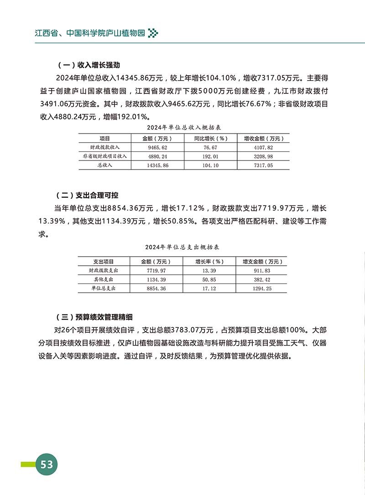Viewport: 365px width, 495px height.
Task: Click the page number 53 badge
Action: pyautogui.click(x=46, y=465)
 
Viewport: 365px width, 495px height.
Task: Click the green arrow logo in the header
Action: pyautogui.click(x=154, y=33)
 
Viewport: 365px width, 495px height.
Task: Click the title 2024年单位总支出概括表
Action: pyautogui.click(x=182, y=247)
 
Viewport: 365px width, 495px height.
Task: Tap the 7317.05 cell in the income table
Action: pyautogui.click(x=264, y=165)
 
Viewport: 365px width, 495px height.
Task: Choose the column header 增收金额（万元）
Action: pyautogui.click(x=264, y=138)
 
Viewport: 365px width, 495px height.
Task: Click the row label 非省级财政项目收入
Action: pyautogui.click(x=104, y=156)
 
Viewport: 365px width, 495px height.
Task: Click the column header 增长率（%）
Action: pyautogui.click(x=209, y=262)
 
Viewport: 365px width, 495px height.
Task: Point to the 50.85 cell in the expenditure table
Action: pyautogui.click(x=209, y=279)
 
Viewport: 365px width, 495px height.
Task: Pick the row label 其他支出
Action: pyautogui.click(x=104, y=279)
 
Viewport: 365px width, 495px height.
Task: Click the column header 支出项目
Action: pyautogui.click(x=104, y=262)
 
